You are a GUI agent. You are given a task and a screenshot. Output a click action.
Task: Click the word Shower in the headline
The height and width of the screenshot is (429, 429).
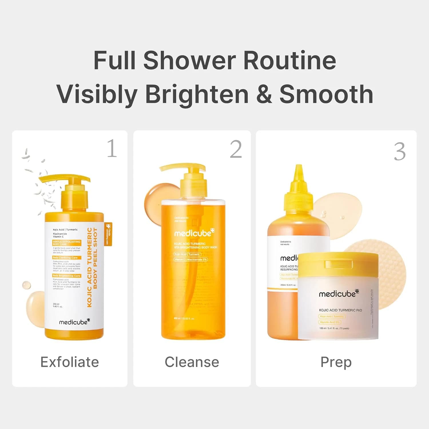(x=190, y=60)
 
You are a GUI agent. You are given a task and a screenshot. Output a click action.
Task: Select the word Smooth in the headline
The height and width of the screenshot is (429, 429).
(x=326, y=94)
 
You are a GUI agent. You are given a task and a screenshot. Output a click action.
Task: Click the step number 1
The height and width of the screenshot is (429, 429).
(x=112, y=148)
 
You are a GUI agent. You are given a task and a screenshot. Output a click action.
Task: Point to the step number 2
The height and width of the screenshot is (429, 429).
(x=236, y=149)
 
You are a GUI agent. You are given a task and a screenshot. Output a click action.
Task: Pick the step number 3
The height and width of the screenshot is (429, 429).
(x=400, y=152)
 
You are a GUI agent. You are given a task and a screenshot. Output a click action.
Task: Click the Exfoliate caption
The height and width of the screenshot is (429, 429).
(x=69, y=362)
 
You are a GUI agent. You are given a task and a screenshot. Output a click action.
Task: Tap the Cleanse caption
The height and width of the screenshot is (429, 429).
(x=192, y=362)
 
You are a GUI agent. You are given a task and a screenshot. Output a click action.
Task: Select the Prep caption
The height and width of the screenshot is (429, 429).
(x=336, y=362)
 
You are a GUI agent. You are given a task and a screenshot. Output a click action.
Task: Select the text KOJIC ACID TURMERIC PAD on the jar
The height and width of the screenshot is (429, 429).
(x=340, y=310)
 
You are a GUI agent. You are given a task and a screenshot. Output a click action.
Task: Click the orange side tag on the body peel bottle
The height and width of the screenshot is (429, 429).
(x=108, y=234)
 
